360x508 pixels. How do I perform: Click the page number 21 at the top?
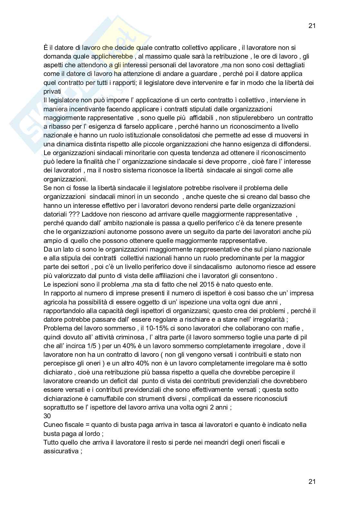pos(312,26)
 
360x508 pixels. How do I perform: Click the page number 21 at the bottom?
pos(312,482)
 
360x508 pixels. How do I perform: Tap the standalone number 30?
pos(47,416)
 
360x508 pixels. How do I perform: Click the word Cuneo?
pos(53,425)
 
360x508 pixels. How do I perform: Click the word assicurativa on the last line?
pos(61,451)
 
